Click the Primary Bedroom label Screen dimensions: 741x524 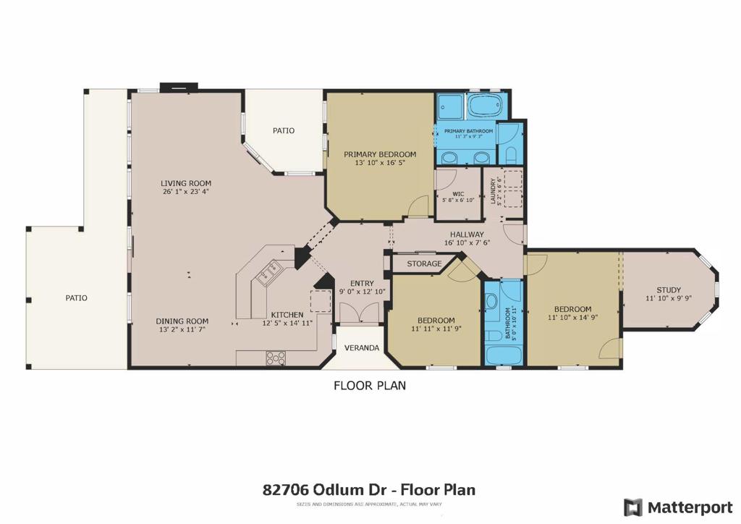click(380, 154)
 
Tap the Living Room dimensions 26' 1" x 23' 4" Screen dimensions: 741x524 click(185, 192)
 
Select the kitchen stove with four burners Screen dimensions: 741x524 click(276, 358)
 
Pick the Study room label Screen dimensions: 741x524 click(669, 290)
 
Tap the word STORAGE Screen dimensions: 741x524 click(424, 263)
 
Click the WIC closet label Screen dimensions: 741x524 click(458, 194)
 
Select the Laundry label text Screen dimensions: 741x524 click(493, 191)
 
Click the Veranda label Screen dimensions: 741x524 click(362, 347)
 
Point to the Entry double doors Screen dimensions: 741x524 click(360, 313)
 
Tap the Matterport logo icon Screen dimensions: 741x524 click(633, 507)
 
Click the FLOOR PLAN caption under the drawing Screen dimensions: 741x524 click(370, 386)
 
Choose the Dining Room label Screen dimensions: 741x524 click(182, 321)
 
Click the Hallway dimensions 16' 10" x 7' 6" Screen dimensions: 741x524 click(467, 243)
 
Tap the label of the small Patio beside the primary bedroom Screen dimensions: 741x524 click(284, 130)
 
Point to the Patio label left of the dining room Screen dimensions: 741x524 click(76, 298)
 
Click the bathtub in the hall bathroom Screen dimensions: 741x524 click(504, 355)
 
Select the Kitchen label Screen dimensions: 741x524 click(287, 315)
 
